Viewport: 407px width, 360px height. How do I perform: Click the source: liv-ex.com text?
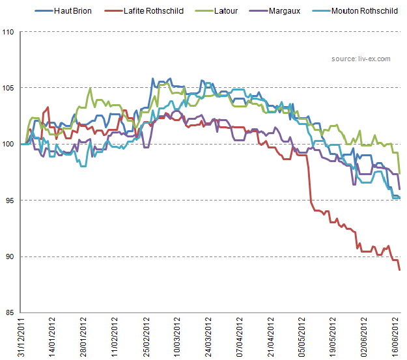tap(360, 59)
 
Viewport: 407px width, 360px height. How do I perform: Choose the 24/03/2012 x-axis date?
tap(208, 337)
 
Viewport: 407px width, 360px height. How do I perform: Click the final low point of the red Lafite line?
tap(399, 270)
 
